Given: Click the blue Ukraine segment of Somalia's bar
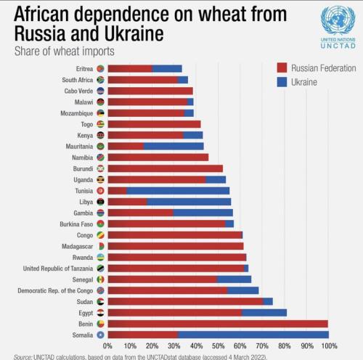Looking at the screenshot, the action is [x=253, y=335].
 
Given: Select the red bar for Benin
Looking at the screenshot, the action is [x=218, y=324].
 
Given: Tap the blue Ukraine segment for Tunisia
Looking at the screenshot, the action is [x=178, y=191].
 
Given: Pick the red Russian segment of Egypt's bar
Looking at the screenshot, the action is [x=175, y=313].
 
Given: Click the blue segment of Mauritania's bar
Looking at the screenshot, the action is [x=174, y=146].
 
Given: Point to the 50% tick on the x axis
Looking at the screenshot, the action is [x=219, y=346].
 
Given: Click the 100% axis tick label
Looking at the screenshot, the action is [x=329, y=346].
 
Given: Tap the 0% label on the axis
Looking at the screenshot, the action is [x=107, y=346].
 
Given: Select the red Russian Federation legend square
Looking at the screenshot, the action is [x=282, y=67].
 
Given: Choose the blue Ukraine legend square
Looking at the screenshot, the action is [x=282, y=82].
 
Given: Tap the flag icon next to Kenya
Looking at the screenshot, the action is [x=100, y=135].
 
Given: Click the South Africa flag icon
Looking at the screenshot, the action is [x=100, y=80].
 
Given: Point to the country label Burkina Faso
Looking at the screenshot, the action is [x=76, y=224].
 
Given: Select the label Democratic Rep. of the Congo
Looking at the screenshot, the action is [x=55, y=290].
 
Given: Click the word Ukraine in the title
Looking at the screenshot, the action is [x=134, y=33].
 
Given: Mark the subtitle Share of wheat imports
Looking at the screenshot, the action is [x=65, y=52].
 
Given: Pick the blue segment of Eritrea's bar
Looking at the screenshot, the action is [x=167, y=69].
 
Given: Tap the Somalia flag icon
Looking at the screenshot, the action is [x=100, y=335].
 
